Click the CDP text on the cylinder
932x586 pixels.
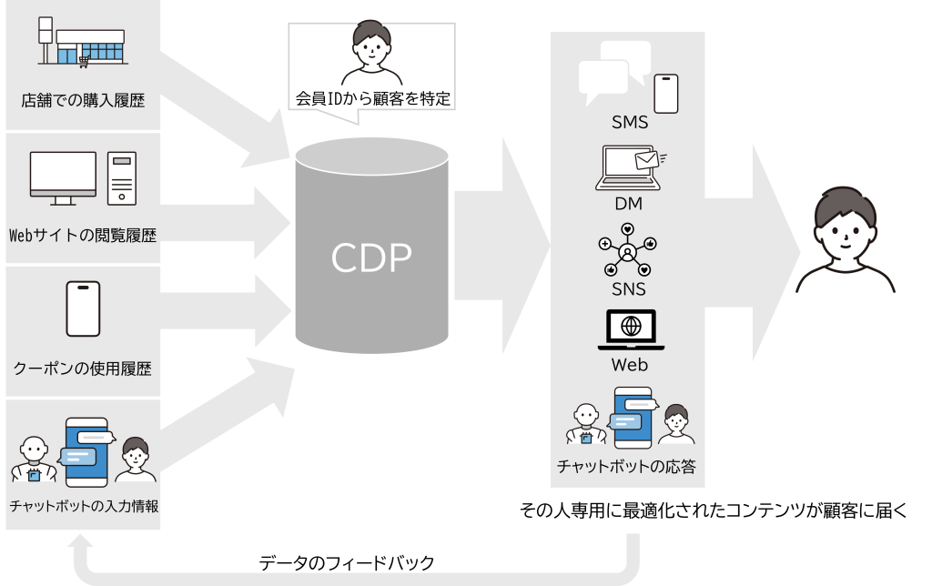(370, 258)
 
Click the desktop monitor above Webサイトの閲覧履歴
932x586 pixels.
(63, 177)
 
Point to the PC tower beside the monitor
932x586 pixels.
(121, 177)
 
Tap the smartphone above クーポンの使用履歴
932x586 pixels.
(83, 309)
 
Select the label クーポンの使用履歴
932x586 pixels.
(83, 369)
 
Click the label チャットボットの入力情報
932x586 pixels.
(83, 507)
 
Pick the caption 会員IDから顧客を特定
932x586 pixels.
(372, 98)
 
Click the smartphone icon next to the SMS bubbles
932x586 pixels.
(667, 93)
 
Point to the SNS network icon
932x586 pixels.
(628, 250)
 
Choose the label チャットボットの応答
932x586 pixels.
(627, 468)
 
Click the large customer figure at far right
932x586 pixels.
(846, 240)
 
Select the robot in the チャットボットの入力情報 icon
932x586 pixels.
(34, 459)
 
